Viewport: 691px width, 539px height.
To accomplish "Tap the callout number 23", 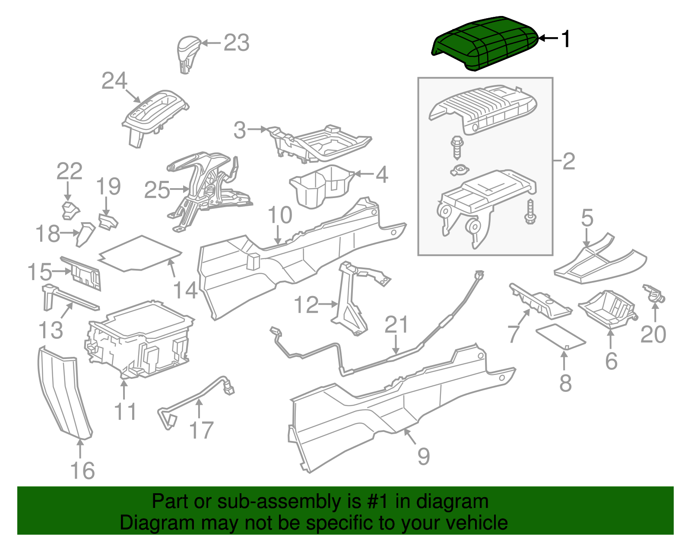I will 236,43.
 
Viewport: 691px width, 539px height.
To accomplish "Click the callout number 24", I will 114,81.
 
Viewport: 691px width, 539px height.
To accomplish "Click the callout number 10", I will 280,215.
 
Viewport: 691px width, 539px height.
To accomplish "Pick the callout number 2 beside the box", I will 569,161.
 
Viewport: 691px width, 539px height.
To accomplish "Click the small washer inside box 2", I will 460,170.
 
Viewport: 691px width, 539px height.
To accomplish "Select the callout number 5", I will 587,218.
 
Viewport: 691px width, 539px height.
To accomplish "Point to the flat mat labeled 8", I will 560,336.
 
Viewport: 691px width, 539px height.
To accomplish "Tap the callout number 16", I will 82,470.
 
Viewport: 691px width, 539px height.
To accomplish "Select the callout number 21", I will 396,325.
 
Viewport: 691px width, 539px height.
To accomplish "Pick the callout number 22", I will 69,172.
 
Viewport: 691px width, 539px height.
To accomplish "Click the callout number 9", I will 423,457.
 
